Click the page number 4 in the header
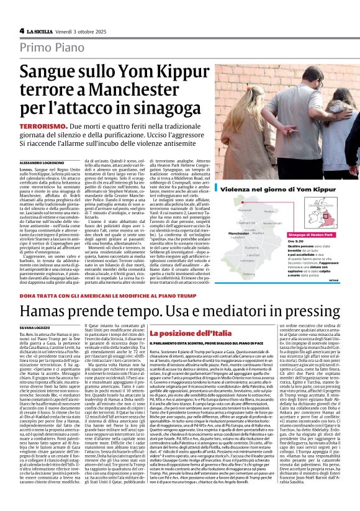pos(21,30)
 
